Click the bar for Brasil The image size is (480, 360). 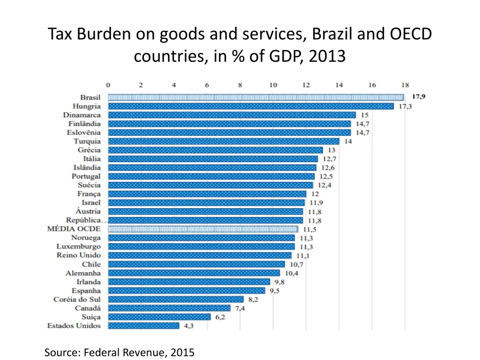pos(255,97)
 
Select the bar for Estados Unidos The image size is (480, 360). pos(143,326)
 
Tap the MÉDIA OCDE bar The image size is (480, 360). pos(203,229)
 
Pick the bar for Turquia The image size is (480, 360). pos(224,141)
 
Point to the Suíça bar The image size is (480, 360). pos(159,317)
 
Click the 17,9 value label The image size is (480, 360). pos(419,97)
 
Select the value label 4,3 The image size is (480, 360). pos(189,326)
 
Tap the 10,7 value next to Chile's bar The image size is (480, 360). pos(295,264)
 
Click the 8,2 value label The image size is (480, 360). pos(254,299)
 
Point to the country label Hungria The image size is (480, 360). pos(87,106)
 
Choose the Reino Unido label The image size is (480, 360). pos(78,255)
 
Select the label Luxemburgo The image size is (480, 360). pos(78,247)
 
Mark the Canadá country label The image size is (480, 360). pos(88,308)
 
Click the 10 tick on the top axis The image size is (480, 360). pos(273,85)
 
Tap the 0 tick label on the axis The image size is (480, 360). pos(108,85)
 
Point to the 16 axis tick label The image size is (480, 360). pos(372,85)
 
